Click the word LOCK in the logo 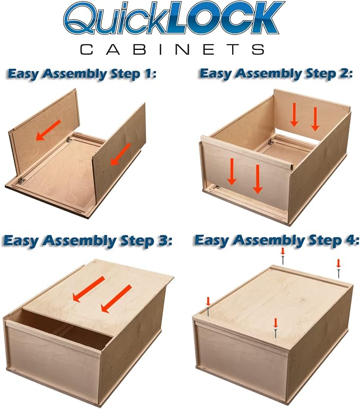[225, 18]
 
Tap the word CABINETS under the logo [172, 49]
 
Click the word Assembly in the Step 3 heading [80, 241]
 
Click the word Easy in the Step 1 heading [23, 75]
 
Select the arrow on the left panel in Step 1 [48, 130]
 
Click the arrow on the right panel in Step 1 [120, 154]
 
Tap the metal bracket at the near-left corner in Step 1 [21, 181]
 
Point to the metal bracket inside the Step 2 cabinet [271, 142]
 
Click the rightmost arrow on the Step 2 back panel [315, 119]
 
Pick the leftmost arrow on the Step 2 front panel [232, 172]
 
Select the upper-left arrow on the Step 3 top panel [89, 290]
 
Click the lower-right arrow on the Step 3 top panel [116, 299]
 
